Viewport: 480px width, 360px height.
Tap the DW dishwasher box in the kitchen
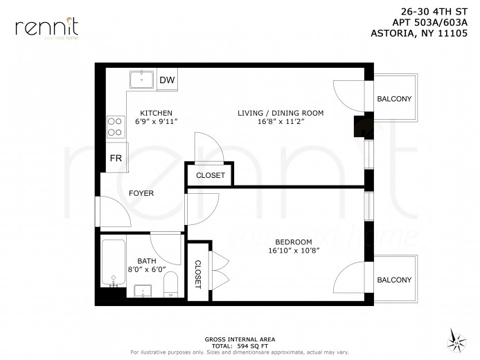click(167, 80)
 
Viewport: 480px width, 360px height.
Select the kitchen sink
click(143, 80)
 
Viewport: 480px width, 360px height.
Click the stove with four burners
click(114, 127)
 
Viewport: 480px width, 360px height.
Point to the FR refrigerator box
click(115, 159)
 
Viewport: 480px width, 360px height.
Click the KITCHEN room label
click(156, 113)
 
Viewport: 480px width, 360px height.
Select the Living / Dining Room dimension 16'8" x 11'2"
click(281, 121)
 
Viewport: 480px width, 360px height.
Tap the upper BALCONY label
click(394, 99)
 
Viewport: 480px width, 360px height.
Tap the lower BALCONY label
click(394, 280)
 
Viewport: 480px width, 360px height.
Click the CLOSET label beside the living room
click(211, 176)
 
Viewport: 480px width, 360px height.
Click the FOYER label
click(141, 193)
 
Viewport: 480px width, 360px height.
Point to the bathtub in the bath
click(114, 264)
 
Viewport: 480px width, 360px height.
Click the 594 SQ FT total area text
click(241, 345)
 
